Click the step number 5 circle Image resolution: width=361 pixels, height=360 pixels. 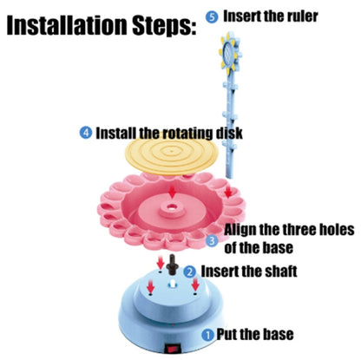pos(213,17)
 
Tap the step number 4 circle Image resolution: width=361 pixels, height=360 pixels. pos(86,133)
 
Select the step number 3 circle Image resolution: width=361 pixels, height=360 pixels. pos(213,241)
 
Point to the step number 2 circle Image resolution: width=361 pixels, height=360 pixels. pos(190,272)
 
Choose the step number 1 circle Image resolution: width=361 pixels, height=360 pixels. pos(208,335)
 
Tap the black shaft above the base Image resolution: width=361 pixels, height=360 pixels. pos(173,265)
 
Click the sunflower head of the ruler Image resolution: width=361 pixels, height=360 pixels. pos(228,54)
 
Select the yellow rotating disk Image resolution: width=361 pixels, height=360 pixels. pos(171,154)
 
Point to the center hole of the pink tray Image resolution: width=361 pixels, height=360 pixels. pos(172,207)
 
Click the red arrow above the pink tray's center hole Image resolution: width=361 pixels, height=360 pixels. pos(173,192)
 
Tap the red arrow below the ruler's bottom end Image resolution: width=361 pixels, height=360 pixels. pos(228,192)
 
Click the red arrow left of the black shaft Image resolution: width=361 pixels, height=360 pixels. pos(161,262)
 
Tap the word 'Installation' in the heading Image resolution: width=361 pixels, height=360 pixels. pos(67,25)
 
